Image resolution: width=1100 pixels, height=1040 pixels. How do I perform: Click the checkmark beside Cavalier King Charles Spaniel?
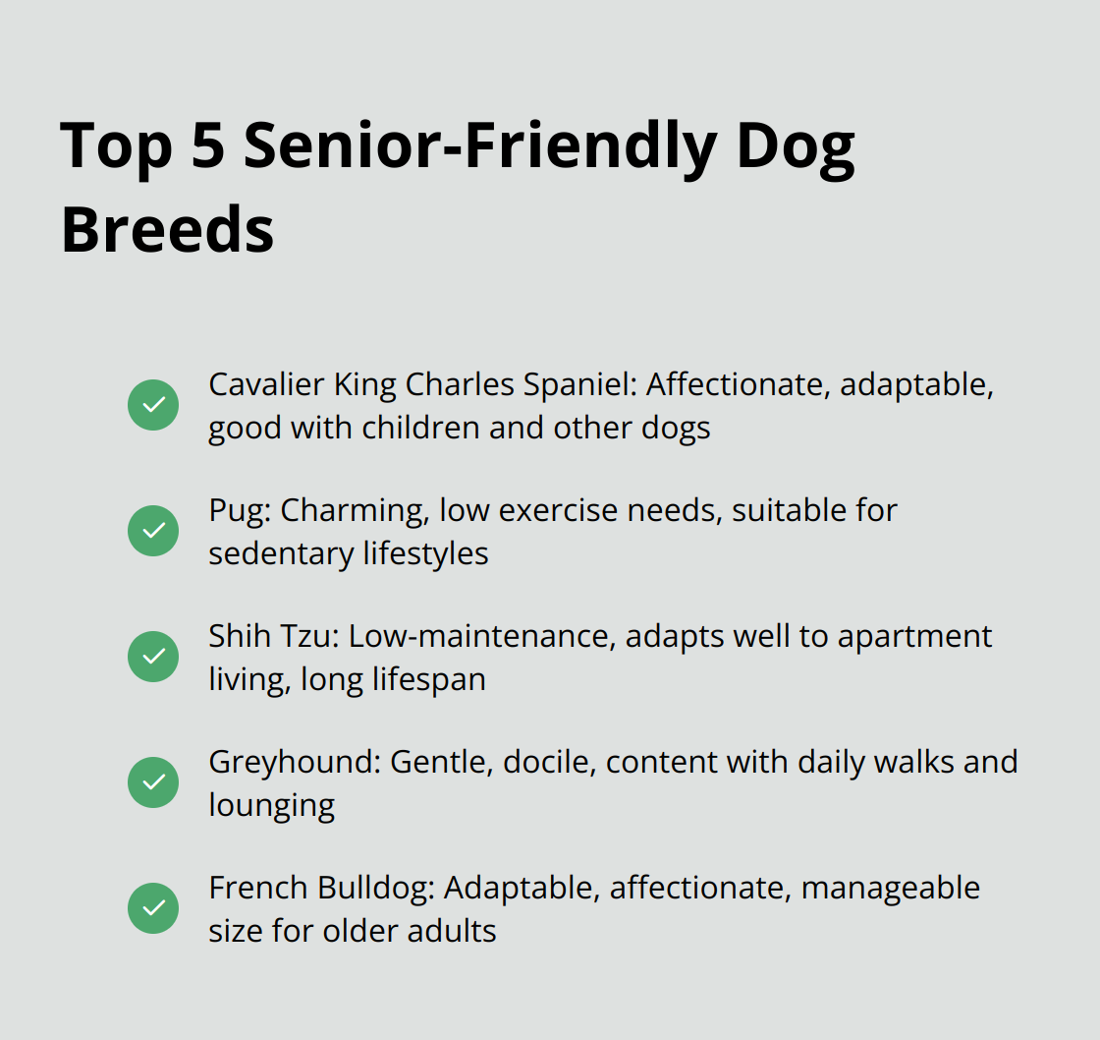pos(153,405)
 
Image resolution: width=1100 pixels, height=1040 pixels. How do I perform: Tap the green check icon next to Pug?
pos(153,531)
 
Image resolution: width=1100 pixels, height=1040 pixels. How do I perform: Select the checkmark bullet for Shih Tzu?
pos(153,657)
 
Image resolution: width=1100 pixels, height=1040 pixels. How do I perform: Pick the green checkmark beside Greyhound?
pos(153,782)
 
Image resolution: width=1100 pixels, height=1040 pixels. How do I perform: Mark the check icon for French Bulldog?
pos(153,908)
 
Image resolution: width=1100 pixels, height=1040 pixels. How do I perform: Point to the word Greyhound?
pos(293,762)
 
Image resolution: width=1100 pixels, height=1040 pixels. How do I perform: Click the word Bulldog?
pos(376,888)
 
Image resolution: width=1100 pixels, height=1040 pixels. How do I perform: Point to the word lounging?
pos(271,806)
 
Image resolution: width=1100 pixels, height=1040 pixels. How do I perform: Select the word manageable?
pos(890,888)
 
